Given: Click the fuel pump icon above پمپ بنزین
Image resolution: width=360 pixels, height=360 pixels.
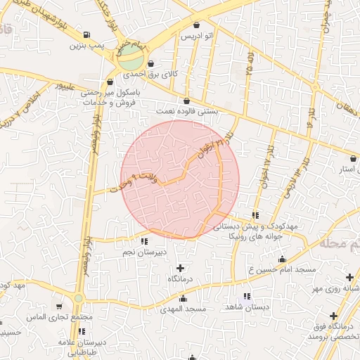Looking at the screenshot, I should [x=86, y=35].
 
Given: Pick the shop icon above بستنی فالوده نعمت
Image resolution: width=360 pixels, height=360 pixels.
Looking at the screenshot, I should [x=186, y=101].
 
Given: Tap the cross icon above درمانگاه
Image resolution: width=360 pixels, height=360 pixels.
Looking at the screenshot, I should [x=181, y=268].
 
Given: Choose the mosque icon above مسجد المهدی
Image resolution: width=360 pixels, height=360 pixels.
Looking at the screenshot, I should [x=193, y=298].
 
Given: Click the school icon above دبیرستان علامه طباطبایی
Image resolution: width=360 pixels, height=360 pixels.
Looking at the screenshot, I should [x=82, y=331].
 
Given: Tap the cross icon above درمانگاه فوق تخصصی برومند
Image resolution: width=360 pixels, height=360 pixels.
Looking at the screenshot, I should [x=333, y=315].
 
